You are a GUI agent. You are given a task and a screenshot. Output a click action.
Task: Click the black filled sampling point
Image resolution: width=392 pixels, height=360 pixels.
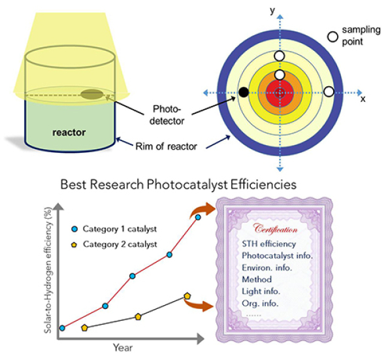[x=244, y=91]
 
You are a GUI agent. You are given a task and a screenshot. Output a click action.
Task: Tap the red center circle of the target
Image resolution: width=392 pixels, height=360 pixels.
[x=280, y=91]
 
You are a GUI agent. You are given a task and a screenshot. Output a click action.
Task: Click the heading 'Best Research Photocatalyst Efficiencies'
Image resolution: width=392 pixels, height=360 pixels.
[x=178, y=185]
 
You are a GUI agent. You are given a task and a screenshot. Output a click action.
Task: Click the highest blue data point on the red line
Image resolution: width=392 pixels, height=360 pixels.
[x=198, y=216]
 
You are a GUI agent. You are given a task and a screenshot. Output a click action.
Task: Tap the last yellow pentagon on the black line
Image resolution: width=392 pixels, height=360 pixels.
[x=188, y=296]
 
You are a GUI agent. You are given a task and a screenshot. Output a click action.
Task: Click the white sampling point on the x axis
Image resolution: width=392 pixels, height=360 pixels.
[x=329, y=90]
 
